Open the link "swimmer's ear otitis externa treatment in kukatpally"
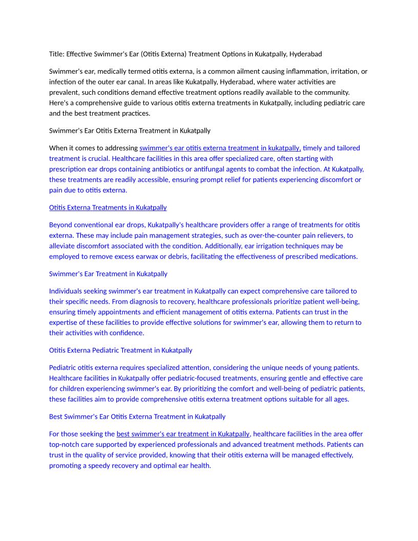click(x=220, y=148)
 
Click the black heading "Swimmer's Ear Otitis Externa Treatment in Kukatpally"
click(x=130, y=131)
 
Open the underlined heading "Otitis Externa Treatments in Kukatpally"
click(x=108, y=207)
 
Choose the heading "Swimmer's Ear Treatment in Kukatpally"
click(x=108, y=274)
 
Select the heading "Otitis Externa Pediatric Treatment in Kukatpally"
click(x=120, y=350)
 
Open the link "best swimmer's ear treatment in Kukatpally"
click(x=183, y=434)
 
